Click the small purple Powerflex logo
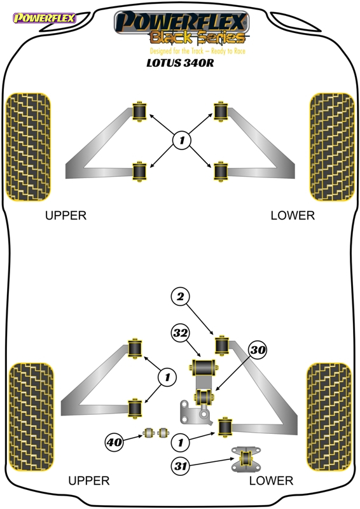44,18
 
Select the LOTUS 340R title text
180,62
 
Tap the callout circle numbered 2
181,296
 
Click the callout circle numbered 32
181,333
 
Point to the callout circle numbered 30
258,349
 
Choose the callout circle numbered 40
114,442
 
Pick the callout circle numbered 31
181,466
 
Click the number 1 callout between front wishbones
182,140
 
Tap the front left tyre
28,147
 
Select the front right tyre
332,147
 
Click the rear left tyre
31,417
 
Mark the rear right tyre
329,417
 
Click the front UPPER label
66,216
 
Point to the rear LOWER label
271,480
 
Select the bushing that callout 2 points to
222,345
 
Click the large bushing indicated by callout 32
203,367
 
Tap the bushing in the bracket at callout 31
246,458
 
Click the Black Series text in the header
197,38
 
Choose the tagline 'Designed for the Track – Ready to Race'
197,51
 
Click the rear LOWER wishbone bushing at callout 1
225,427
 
